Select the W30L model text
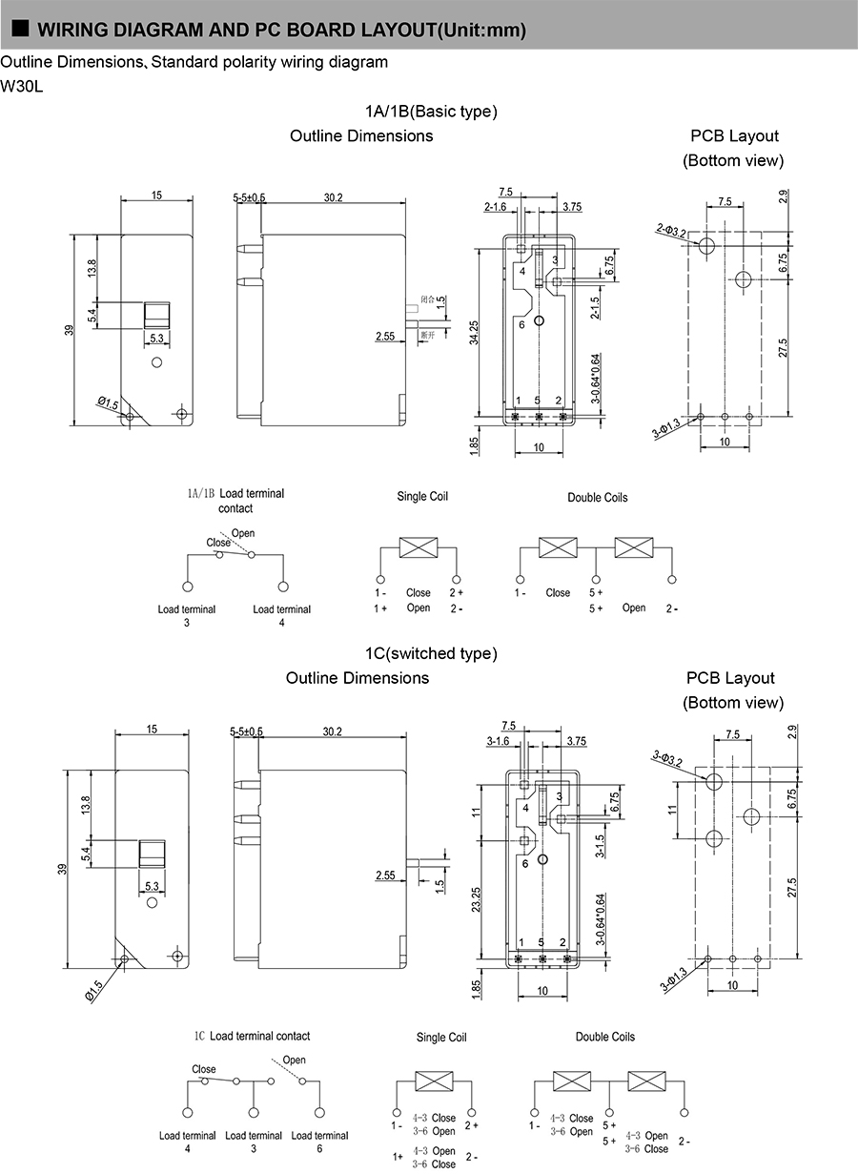point(21,86)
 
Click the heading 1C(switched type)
point(431,654)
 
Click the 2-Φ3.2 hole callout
point(672,230)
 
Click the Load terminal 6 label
point(319,1142)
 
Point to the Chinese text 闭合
point(427,299)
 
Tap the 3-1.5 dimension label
point(601,847)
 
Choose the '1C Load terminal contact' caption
point(252,1036)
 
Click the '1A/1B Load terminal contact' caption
point(235,501)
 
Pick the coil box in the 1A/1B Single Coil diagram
point(419,547)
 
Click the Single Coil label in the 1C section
point(441,1037)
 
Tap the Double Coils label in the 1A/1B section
point(597,498)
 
